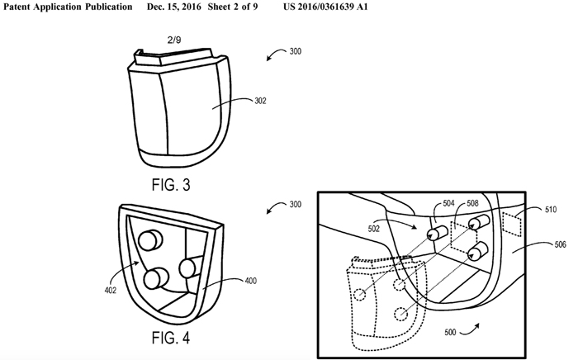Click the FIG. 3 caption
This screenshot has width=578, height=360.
(171, 185)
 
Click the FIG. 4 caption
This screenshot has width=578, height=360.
(171, 338)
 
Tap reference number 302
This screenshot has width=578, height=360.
(260, 101)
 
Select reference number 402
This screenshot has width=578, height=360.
(110, 291)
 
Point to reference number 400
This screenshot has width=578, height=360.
(251, 281)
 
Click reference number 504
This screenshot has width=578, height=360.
(448, 203)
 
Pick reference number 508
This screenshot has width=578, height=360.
(472, 203)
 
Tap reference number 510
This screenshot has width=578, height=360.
(551, 210)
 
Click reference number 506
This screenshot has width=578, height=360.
(561, 244)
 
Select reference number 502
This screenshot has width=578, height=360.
(373, 229)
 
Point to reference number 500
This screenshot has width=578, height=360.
(450, 333)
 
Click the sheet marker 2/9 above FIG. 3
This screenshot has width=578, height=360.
(174, 40)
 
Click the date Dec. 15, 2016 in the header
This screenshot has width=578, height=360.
(174, 7)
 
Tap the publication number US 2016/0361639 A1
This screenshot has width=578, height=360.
(325, 7)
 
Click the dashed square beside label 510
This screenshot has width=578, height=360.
(513, 224)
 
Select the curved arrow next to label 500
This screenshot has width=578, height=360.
(470, 331)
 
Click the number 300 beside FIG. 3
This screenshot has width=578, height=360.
(296, 51)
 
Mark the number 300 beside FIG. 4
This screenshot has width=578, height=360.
(296, 205)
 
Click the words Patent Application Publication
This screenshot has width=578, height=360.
(68, 7)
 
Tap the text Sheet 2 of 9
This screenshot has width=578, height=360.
(233, 7)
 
